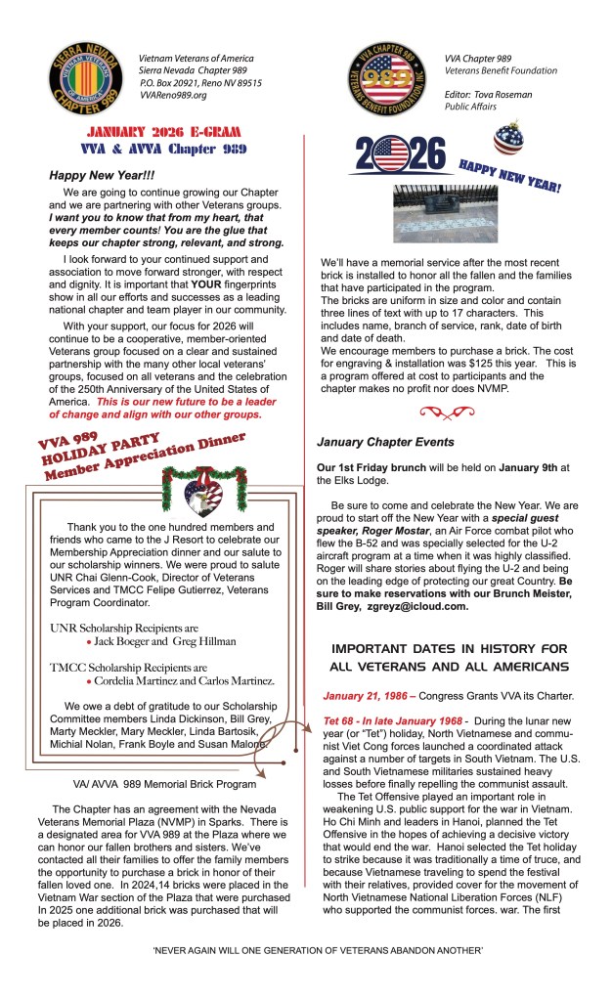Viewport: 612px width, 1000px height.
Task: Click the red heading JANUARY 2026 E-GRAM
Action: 162,132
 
